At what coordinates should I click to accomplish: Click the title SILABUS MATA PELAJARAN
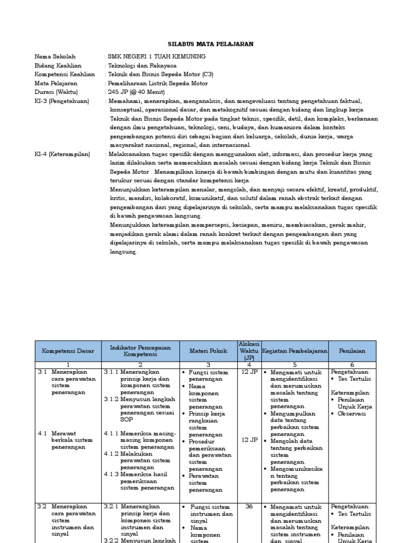(x=203, y=44)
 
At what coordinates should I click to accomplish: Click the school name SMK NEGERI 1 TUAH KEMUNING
(x=156, y=57)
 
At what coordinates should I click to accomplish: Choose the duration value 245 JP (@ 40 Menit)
(x=136, y=92)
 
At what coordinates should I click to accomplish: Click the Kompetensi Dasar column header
(x=68, y=351)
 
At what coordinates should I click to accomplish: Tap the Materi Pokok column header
(x=208, y=351)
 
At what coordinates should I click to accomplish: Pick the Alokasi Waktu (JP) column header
(x=249, y=351)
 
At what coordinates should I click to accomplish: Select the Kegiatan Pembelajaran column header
(x=295, y=351)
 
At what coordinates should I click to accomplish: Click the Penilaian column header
(x=352, y=351)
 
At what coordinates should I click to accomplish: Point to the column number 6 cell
(x=352, y=365)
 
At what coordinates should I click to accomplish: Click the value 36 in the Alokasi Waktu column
(x=249, y=507)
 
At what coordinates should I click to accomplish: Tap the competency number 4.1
(x=43, y=433)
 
